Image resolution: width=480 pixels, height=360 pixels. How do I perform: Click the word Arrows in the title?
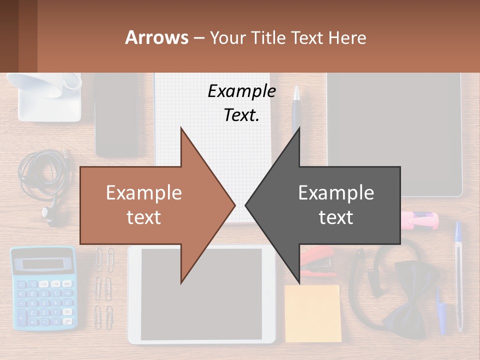(x=156, y=37)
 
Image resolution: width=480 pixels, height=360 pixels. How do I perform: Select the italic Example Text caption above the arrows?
(x=241, y=102)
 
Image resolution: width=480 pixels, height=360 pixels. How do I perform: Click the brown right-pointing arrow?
(x=150, y=205)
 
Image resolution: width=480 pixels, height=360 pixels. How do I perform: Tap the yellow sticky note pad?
(x=312, y=312)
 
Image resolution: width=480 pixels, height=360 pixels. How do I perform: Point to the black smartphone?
(x=116, y=115)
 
